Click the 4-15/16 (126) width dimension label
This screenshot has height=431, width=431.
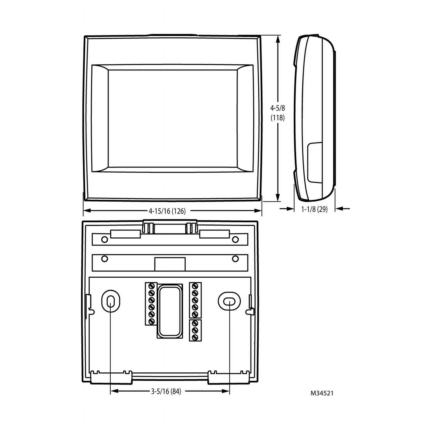167,211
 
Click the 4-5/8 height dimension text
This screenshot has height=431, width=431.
277,108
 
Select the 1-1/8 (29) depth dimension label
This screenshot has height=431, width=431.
314,209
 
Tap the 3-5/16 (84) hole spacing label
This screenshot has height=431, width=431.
166,391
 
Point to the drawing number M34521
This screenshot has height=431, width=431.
322,393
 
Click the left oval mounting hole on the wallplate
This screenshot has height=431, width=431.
110,301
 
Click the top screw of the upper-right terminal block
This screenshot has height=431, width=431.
195,286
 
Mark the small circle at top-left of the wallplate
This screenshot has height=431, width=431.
105,239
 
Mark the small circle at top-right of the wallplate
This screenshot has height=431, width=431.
235,239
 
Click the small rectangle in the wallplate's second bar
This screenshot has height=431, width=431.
170,264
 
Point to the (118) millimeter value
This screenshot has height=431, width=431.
278,118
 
